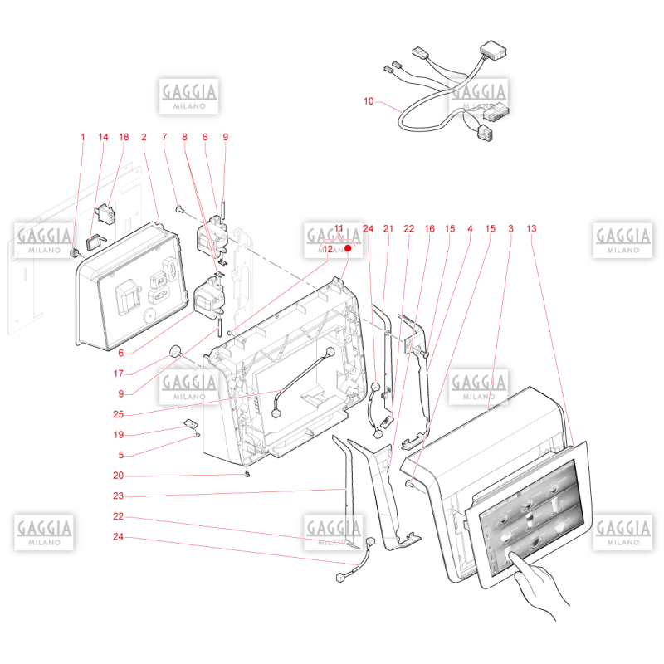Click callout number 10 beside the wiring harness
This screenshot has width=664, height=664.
point(369,101)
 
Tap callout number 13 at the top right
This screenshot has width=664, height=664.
point(531,229)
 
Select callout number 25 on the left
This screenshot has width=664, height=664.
point(118,414)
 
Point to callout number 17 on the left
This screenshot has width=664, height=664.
point(118,373)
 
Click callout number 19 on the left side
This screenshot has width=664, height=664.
point(118,434)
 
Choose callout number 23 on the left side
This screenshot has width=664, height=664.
point(118,496)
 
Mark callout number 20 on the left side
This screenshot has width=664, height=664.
point(118,475)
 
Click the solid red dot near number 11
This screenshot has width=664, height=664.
point(348,248)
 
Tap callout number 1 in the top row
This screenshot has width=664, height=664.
point(82,137)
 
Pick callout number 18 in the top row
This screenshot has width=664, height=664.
point(124,137)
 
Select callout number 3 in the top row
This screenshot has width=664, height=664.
point(510,229)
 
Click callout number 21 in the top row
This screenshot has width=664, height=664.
point(388,229)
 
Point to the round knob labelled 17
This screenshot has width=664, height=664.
point(175,351)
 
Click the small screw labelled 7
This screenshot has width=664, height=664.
point(178,208)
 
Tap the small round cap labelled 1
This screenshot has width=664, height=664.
point(75,253)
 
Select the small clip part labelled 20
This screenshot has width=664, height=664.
point(247,474)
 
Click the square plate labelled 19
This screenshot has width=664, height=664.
point(191,423)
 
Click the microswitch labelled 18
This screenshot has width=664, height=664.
point(105,213)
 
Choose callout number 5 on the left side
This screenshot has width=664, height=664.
point(120,455)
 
